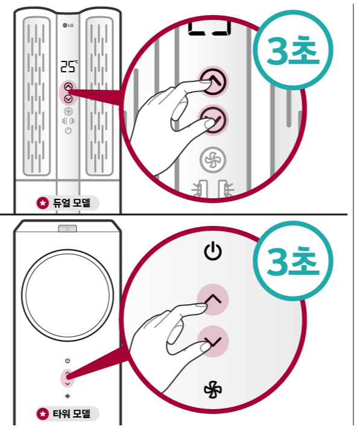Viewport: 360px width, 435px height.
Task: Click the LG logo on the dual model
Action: [68, 25]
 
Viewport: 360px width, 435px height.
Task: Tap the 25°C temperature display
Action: [69, 66]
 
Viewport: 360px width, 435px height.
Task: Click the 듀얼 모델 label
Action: [72, 203]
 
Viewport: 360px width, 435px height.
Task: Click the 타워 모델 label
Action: [72, 414]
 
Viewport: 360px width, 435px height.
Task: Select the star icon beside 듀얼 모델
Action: [42, 203]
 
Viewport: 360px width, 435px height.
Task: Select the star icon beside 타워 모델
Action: [42, 414]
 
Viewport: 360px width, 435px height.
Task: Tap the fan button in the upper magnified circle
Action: [213, 160]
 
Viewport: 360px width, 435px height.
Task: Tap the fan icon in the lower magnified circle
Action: [213, 389]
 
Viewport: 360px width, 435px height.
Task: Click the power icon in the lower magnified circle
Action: [213, 251]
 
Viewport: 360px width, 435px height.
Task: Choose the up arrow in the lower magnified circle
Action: [213, 299]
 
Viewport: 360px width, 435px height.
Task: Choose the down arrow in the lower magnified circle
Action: [213, 341]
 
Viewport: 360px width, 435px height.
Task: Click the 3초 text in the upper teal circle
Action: [293, 51]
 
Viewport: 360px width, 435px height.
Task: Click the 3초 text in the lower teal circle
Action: [293, 261]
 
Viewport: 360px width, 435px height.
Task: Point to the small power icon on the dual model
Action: [68, 130]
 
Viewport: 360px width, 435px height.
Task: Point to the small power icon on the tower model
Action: [68, 361]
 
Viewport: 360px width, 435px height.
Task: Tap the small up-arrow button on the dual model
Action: [68, 87]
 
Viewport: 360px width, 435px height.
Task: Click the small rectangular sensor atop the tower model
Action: [68, 228]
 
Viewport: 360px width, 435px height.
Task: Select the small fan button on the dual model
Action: [68, 111]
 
